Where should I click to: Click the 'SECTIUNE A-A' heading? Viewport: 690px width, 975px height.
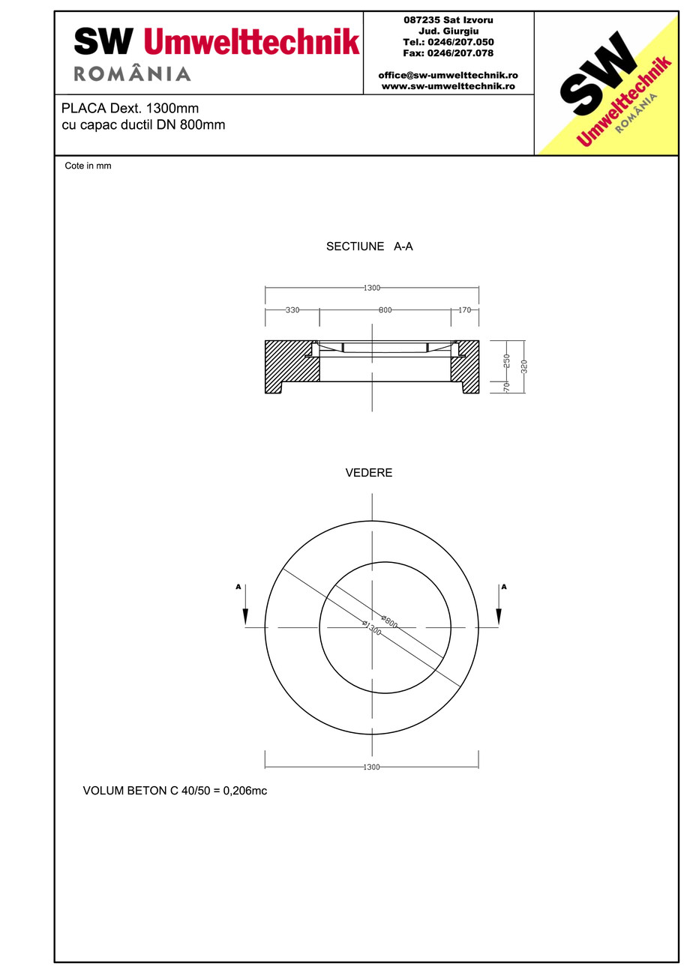[x=369, y=247]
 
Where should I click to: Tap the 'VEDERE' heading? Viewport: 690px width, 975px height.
[x=369, y=473]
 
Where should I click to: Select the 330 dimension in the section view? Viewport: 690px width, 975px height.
[x=292, y=310]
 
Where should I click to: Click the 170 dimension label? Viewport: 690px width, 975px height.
[x=464, y=310]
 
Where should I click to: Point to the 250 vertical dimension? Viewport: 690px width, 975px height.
[x=507, y=360]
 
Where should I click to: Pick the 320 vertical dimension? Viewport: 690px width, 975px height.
[x=524, y=366]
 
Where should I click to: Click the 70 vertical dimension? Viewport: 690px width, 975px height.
[x=507, y=387]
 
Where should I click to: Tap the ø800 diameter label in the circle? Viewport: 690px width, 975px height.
[x=389, y=621]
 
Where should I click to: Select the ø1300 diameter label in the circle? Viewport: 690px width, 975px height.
[x=372, y=628]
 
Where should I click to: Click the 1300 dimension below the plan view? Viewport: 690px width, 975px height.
[x=371, y=767]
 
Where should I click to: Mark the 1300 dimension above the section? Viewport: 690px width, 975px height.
[x=371, y=288]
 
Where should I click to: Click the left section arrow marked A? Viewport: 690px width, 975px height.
[x=244, y=606]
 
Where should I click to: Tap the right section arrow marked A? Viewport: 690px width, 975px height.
[x=499, y=606]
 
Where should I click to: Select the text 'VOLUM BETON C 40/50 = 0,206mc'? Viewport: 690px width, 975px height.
[x=175, y=791]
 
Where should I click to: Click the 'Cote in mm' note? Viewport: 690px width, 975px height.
[x=88, y=166]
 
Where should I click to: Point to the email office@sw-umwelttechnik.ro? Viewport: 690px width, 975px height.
[x=448, y=76]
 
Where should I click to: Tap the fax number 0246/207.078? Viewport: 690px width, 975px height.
[x=448, y=53]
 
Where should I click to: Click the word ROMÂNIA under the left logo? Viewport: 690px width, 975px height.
[x=133, y=73]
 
